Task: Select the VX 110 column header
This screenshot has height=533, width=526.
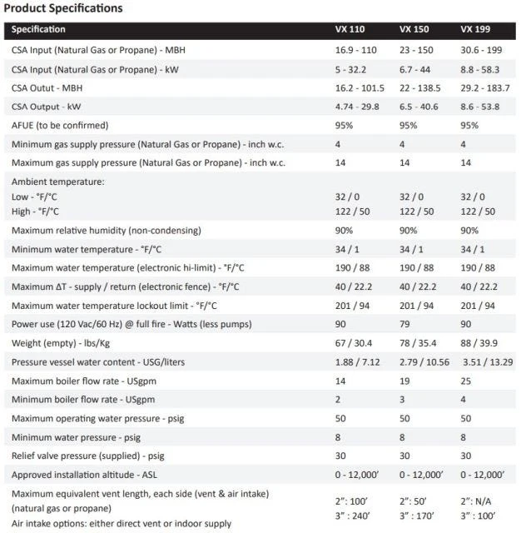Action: (x=341, y=29)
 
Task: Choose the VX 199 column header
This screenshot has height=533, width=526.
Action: (x=476, y=29)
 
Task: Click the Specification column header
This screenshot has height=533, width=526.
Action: (x=38, y=29)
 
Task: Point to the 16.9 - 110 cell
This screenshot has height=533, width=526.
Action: (x=345, y=50)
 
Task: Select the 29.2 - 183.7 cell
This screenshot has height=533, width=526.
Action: (x=487, y=87)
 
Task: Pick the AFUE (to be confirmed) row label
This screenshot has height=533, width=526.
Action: (x=60, y=125)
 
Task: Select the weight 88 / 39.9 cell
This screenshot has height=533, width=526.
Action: (x=480, y=343)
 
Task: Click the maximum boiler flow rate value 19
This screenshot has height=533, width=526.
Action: (x=405, y=381)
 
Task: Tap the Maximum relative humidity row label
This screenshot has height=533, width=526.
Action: (x=107, y=230)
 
